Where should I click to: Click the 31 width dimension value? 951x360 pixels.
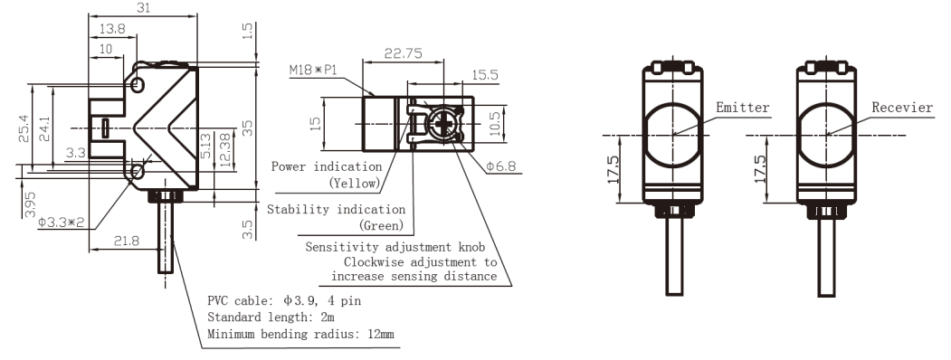[143, 7]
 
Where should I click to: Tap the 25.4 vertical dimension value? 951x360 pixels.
[23, 129]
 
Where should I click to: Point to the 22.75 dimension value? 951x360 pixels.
[404, 53]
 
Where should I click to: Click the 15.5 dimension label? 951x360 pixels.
[485, 74]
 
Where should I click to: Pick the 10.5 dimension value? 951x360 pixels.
[496, 124]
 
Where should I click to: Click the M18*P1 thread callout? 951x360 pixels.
[312, 71]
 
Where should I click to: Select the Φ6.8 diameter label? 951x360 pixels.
[501, 166]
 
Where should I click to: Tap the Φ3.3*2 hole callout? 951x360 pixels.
[61, 222]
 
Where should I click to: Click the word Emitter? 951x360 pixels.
[742, 108]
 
